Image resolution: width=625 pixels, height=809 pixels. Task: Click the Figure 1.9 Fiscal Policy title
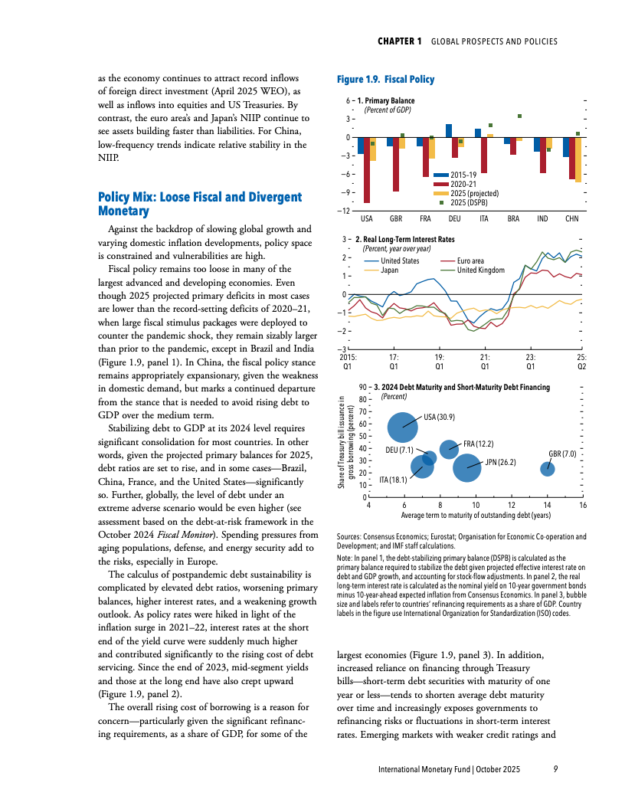[385, 80]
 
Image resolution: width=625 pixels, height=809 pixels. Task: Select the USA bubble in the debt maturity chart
[403, 427]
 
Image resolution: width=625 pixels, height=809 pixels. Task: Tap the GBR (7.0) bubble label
[562, 454]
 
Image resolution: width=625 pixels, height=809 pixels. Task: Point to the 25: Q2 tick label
[581, 362]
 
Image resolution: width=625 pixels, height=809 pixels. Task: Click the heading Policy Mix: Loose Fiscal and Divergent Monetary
[200, 204]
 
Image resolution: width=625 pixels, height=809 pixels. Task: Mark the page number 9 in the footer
[555, 769]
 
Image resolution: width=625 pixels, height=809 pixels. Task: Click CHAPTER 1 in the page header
[400, 41]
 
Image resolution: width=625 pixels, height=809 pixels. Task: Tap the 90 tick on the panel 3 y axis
[362, 388]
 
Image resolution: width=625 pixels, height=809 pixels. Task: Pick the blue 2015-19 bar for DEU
[449, 130]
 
